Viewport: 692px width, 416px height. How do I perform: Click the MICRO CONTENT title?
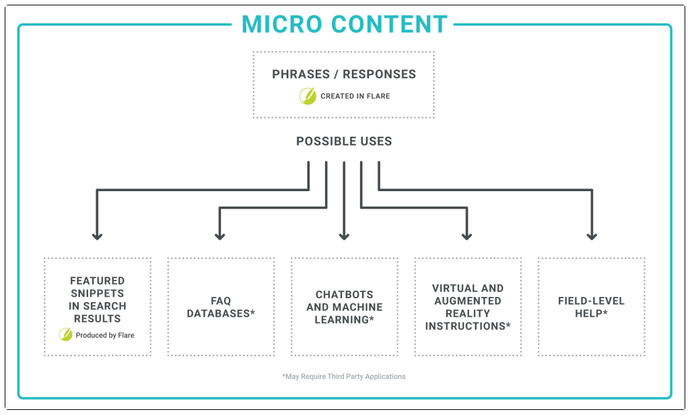tap(344, 24)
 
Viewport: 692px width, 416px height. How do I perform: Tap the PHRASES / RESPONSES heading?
tap(344, 74)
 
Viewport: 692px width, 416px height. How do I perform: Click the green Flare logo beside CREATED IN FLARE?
tap(308, 96)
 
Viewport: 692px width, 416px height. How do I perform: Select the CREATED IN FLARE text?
tap(355, 96)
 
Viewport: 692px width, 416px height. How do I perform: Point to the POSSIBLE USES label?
tap(344, 141)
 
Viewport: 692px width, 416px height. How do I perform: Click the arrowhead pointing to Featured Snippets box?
tap(97, 235)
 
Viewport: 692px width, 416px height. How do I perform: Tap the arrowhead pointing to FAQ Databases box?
tap(219, 235)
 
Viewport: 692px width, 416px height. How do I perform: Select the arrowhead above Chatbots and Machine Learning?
tap(344, 235)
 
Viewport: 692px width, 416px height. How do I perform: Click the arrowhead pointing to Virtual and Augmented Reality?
tap(467, 235)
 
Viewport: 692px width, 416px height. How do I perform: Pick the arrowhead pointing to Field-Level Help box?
tap(592, 235)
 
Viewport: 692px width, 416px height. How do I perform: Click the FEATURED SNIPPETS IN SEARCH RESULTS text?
tap(98, 300)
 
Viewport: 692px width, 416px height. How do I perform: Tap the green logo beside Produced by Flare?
tap(66, 335)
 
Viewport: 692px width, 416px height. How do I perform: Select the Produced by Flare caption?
tap(104, 335)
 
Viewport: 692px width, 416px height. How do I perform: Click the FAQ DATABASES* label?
tap(221, 307)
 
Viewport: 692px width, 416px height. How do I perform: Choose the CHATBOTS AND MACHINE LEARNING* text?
tap(344, 307)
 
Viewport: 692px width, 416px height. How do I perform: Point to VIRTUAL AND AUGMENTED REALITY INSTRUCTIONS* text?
tap(468, 307)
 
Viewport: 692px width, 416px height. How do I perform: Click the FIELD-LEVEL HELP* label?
tap(591, 307)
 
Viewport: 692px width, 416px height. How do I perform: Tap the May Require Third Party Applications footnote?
tap(344, 376)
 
